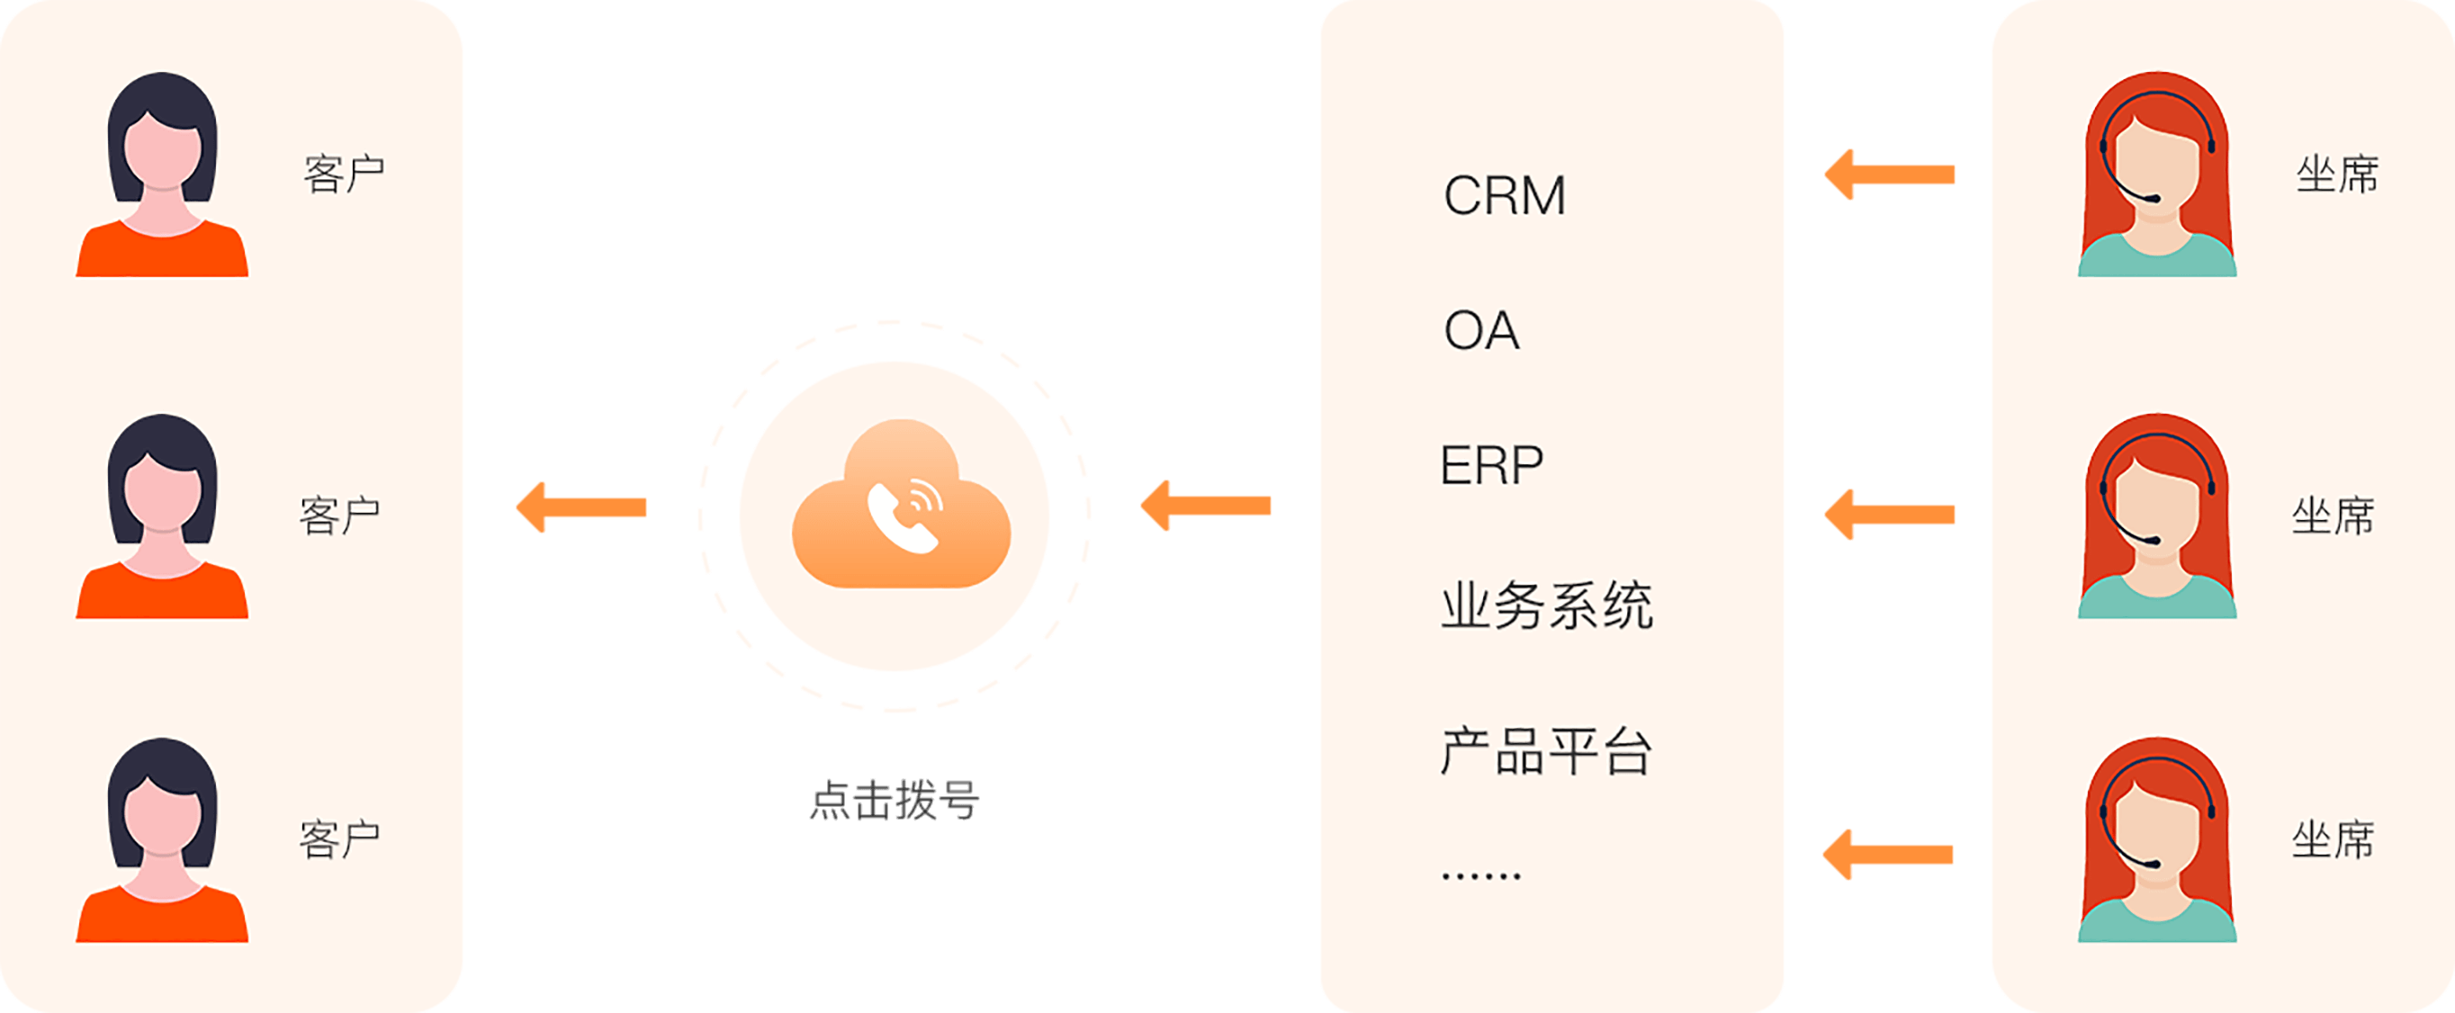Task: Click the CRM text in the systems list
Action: click(1504, 195)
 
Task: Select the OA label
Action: click(1481, 331)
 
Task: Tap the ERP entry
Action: click(1491, 465)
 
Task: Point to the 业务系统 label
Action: click(1546, 605)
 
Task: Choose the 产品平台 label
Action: click(1545, 751)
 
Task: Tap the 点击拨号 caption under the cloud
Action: click(894, 801)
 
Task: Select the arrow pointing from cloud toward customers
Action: click(581, 507)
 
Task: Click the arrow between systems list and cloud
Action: click(1206, 505)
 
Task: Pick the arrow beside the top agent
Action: click(1889, 175)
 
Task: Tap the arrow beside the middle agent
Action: click(1889, 515)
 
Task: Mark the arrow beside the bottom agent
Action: click(1888, 855)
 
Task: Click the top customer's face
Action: click(163, 152)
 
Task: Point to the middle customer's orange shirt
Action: click(162, 596)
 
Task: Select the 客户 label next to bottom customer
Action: click(340, 839)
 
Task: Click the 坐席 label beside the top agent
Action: click(2337, 175)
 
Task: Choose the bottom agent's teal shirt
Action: click(2157, 924)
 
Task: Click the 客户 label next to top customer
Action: click(343, 175)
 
